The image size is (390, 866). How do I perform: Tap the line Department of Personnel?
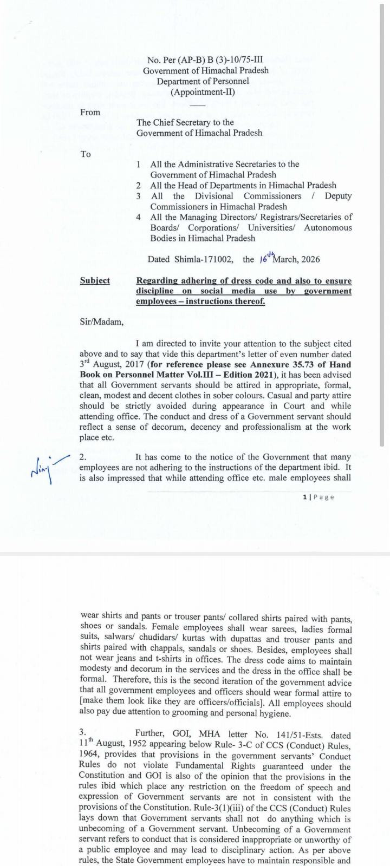[x=203, y=81]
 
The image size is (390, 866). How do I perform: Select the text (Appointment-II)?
[x=203, y=91]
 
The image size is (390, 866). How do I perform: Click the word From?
[x=90, y=112]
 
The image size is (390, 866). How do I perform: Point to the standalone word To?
[x=86, y=154]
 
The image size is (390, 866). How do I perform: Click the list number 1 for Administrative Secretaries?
[x=139, y=164]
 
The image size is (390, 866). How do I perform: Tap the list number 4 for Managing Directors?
[x=139, y=217]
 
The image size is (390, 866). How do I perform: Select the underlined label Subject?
[x=95, y=280]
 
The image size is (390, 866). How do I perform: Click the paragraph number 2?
[x=82, y=457]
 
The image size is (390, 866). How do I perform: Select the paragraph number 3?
[x=82, y=734]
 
